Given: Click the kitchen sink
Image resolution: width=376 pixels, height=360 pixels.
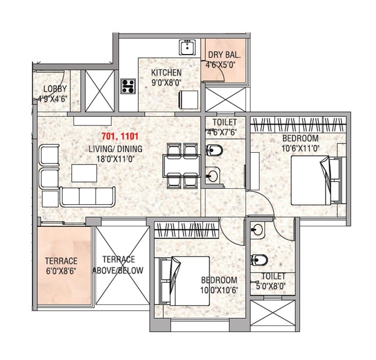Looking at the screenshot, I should [x=186, y=48].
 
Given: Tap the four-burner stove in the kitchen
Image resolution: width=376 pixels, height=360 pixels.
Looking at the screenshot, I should [x=128, y=86].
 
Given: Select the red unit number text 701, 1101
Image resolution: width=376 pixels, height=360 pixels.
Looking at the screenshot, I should [x=120, y=138].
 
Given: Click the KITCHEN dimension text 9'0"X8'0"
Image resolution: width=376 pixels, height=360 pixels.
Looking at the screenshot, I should [x=166, y=82].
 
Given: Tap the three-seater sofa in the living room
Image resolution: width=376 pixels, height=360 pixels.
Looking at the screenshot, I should [x=87, y=196].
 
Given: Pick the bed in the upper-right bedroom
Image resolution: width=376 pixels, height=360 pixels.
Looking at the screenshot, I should [x=316, y=180].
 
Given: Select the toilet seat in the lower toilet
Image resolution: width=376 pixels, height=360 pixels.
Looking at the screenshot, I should [x=257, y=260].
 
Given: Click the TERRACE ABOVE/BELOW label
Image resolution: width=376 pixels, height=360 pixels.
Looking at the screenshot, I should [x=118, y=265].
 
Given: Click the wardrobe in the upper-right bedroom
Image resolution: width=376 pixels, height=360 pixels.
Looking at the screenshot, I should [x=295, y=125].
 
